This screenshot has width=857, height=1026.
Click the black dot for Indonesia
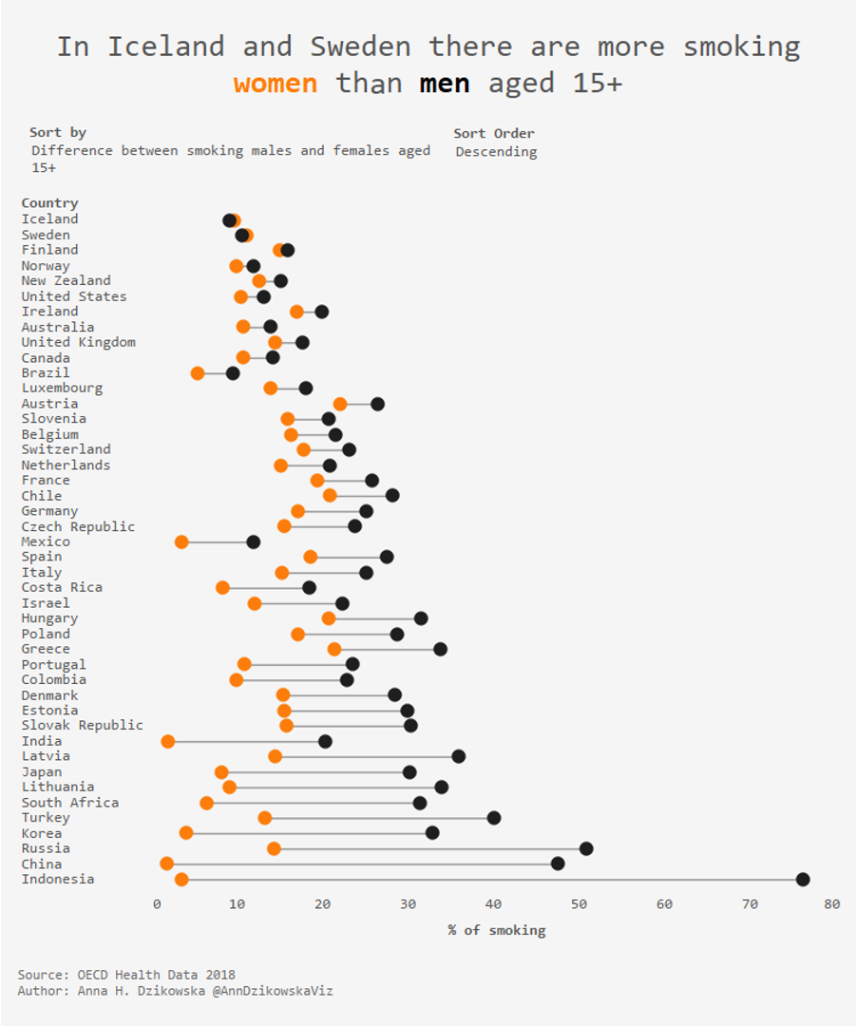pos(803,880)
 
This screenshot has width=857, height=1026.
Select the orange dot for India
pos(168,741)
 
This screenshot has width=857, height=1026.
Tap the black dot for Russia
pos(586,848)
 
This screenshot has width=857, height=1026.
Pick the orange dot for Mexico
pos(181,541)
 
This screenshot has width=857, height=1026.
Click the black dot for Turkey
pos(494,818)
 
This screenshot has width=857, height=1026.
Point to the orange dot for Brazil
pos(198,373)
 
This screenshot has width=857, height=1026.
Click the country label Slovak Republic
pos(82,726)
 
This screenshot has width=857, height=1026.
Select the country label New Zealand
pos(66,280)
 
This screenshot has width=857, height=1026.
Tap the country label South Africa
pos(69,803)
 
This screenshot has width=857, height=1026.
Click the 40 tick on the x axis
pos(493,904)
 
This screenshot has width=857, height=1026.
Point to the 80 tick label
pos(832,904)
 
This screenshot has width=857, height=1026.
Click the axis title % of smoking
pos(497,930)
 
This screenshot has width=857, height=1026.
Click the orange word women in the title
pos(276,84)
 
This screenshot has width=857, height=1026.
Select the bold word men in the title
pos(445,84)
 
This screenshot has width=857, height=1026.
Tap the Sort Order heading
pos(494,133)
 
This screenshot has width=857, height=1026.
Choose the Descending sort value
pos(496,152)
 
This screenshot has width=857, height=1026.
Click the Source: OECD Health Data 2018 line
pos(126,975)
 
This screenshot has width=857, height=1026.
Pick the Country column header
pos(49,203)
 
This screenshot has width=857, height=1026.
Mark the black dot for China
pos(558,864)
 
